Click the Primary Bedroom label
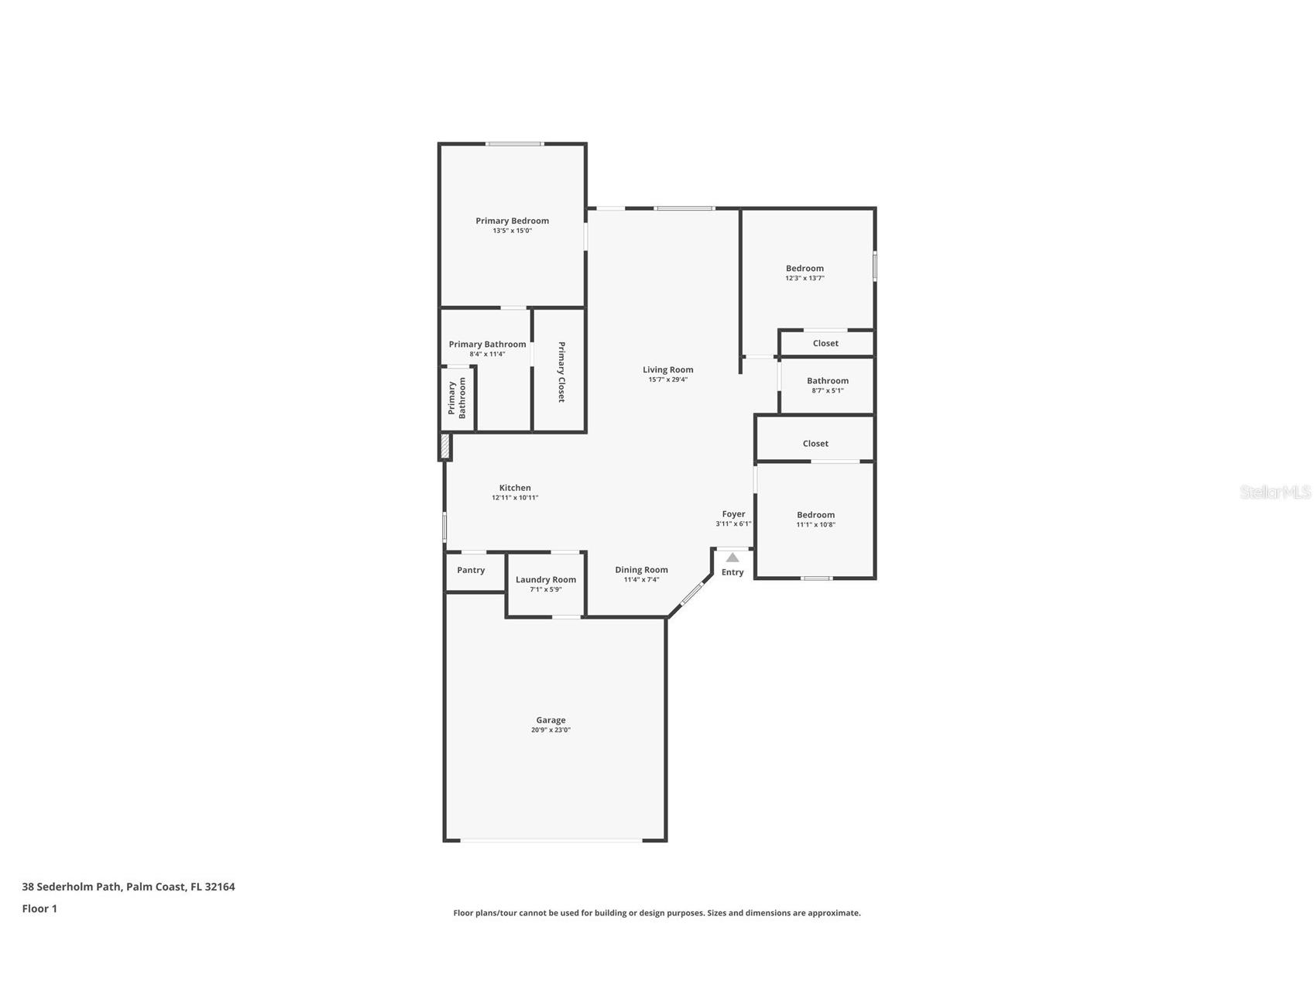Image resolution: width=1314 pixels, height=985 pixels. click(x=512, y=221)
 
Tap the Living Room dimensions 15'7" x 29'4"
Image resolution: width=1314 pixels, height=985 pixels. click(x=667, y=379)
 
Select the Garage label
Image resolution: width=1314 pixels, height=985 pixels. click(x=551, y=720)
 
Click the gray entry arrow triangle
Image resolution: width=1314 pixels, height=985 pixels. click(x=732, y=558)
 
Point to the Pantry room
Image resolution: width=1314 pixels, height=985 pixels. click(x=471, y=570)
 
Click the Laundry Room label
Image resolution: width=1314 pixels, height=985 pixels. click(x=546, y=579)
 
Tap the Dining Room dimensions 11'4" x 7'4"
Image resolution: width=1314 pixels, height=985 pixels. click(x=641, y=579)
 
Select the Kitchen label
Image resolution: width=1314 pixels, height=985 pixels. click(x=515, y=488)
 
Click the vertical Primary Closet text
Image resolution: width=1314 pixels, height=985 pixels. click(x=561, y=372)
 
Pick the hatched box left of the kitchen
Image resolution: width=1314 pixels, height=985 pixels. click(x=445, y=446)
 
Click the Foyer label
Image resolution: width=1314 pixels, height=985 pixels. click(x=733, y=514)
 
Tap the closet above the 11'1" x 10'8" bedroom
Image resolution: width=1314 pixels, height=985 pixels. click(x=815, y=443)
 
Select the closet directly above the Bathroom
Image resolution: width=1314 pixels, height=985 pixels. click(x=825, y=343)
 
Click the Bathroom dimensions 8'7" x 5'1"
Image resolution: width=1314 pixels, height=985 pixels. click(x=827, y=390)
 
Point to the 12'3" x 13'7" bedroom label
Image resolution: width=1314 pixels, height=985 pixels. click(x=805, y=269)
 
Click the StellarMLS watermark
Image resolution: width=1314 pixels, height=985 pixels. click(x=1275, y=492)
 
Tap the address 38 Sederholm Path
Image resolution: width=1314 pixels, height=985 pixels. click(x=129, y=887)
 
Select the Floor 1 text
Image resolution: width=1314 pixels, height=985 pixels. click(x=39, y=908)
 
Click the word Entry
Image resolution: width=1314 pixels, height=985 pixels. click(x=732, y=572)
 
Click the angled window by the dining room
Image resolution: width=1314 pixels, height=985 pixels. click(x=691, y=593)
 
